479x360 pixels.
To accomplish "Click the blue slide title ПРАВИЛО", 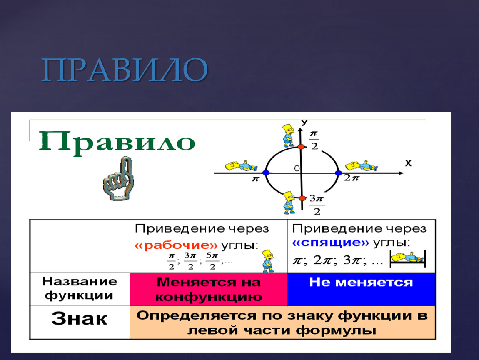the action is tap(125, 70).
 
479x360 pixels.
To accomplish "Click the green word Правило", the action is tap(117, 142).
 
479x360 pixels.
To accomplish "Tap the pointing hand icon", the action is tap(119, 179).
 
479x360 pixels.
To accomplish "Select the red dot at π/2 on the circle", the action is tap(301, 147).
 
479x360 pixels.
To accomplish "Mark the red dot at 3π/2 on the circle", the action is tap(302, 198).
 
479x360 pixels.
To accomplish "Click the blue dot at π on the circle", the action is tap(266, 172).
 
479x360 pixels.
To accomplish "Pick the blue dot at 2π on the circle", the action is tap(338, 173).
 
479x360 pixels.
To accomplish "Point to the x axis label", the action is tap(408, 163).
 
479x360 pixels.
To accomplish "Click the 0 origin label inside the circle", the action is tap(297, 168).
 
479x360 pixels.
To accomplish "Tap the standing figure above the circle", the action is tap(288, 135).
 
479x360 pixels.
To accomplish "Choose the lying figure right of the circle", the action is tap(362, 166).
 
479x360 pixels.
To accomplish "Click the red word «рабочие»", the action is tap(176, 245).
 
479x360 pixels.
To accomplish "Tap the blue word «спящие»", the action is tap(331, 242).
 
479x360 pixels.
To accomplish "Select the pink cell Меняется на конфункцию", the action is tap(209, 289).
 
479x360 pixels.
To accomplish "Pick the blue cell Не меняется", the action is tap(362, 289).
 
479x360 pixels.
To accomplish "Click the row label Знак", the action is tap(80, 319).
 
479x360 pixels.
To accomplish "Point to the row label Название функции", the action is tap(80, 288).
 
